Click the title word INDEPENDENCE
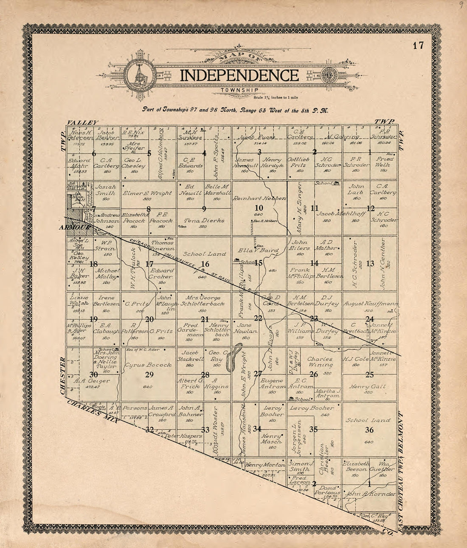click(x=239, y=76)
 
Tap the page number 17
click(x=418, y=45)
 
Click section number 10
click(x=259, y=208)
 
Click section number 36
click(x=369, y=430)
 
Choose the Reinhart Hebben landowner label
click(x=259, y=198)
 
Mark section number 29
click(x=149, y=375)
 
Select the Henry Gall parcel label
click(x=367, y=386)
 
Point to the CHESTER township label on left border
click(x=63, y=376)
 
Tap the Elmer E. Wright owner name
click(x=148, y=192)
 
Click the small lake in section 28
click(x=230, y=362)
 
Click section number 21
click(x=205, y=319)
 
